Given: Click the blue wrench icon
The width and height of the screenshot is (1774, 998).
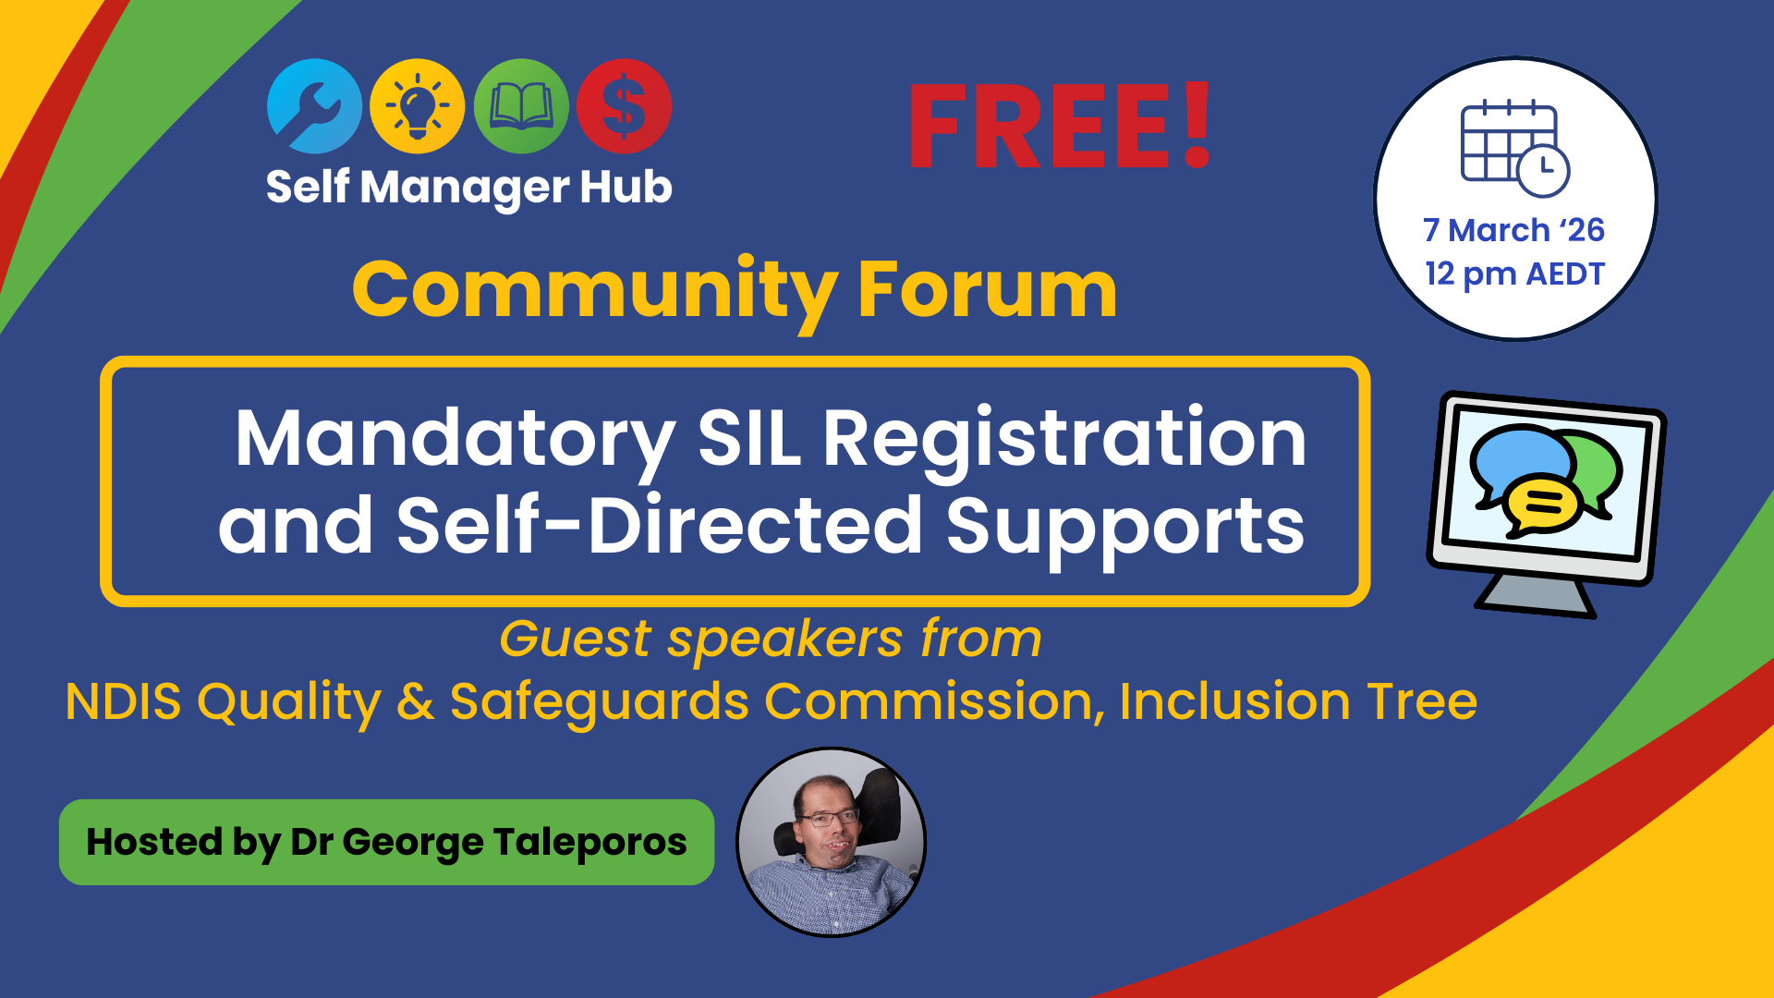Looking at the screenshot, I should pyautogui.click(x=313, y=106).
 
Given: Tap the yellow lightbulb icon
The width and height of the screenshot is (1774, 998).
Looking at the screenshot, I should pyautogui.click(x=417, y=106).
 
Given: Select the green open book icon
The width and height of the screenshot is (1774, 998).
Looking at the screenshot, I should pyautogui.click(x=521, y=106).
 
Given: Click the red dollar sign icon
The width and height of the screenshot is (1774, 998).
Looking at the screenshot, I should pyautogui.click(x=624, y=106).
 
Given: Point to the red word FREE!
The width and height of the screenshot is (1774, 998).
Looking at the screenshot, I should pyautogui.click(x=1060, y=127).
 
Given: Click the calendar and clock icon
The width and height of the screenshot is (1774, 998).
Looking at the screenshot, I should pyautogui.click(x=1513, y=148).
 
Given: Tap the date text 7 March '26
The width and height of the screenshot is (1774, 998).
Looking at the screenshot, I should pyautogui.click(x=1513, y=230).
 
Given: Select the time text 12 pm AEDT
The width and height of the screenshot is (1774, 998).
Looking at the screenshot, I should pyautogui.click(x=1514, y=274).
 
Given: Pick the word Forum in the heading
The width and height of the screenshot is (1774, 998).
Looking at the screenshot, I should pyautogui.click(x=987, y=290).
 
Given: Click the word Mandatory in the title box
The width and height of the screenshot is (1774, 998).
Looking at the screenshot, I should pyautogui.click(x=455, y=440).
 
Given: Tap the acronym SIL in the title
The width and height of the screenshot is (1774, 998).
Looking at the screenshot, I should pyautogui.click(x=749, y=440).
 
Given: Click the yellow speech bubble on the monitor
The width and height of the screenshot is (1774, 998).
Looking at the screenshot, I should pyautogui.click(x=1542, y=505).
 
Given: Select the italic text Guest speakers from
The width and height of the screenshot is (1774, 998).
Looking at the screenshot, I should pyautogui.click(x=771, y=639).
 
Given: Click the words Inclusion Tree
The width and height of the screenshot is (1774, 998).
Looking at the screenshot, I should pyautogui.click(x=1298, y=701).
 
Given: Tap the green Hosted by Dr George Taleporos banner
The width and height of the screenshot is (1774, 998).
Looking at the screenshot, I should pyautogui.click(x=386, y=842).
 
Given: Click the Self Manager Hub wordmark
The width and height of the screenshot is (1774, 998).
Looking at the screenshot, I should pyautogui.click(x=468, y=188).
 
